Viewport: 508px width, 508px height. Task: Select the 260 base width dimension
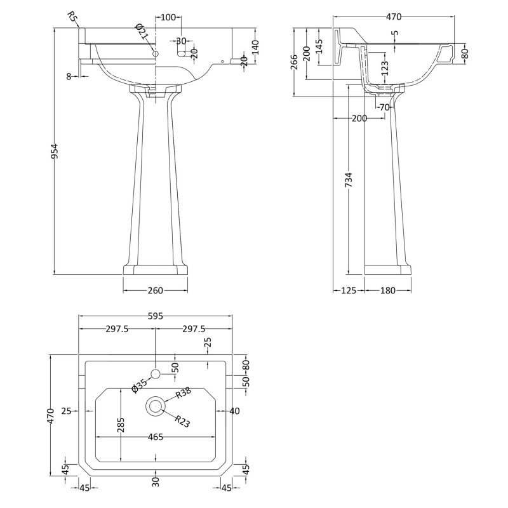click(x=156, y=291)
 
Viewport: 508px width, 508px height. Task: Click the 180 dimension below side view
click(x=387, y=291)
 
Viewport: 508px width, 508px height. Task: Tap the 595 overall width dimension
click(x=156, y=316)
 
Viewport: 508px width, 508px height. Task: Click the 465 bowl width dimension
click(x=156, y=437)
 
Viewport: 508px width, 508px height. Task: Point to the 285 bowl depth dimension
click(x=120, y=425)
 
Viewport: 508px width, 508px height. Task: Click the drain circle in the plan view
click(x=156, y=404)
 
